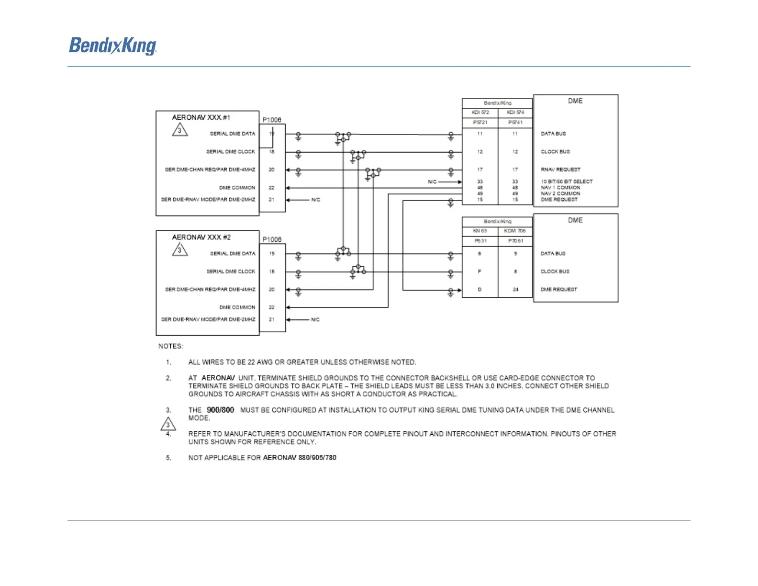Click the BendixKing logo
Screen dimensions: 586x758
click(x=113, y=46)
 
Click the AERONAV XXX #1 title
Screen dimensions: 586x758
click(x=201, y=117)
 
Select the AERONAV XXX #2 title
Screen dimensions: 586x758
click(x=201, y=237)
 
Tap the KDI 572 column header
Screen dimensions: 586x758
click(x=480, y=113)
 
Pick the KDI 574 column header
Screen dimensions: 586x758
click(x=515, y=113)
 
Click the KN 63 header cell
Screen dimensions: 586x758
click(x=479, y=231)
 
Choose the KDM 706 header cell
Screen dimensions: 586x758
click(x=515, y=231)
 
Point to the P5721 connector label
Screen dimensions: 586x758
click(x=480, y=123)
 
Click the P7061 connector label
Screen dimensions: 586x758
click(x=515, y=241)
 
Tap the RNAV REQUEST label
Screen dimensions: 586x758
click(x=560, y=169)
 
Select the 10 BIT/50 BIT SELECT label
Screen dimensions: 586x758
click(x=567, y=181)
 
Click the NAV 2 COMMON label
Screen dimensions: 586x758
click(x=560, y=193)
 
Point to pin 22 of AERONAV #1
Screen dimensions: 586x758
click(x=271, y=188)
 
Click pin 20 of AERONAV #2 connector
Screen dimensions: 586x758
click(x=271, y=290)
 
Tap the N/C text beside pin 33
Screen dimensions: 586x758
click(x=432, y=182)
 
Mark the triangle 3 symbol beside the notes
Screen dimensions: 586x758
click(x=168, y=425)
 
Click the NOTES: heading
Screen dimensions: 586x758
click(x=171, y=346)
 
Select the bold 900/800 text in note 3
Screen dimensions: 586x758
click(x=220, y=410)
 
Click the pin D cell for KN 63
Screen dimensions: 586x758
click(x=479, y=290)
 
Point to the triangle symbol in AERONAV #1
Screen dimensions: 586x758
click(x=179, y=130)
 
